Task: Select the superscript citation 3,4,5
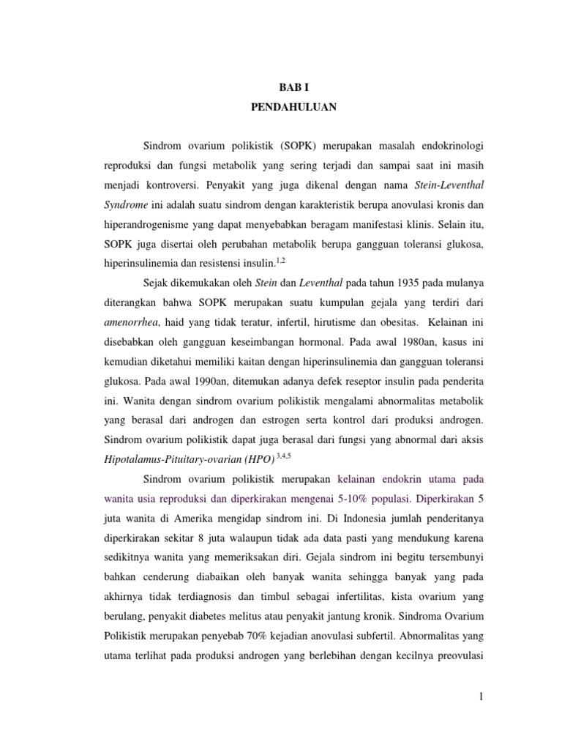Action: [x=283, y=456]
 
